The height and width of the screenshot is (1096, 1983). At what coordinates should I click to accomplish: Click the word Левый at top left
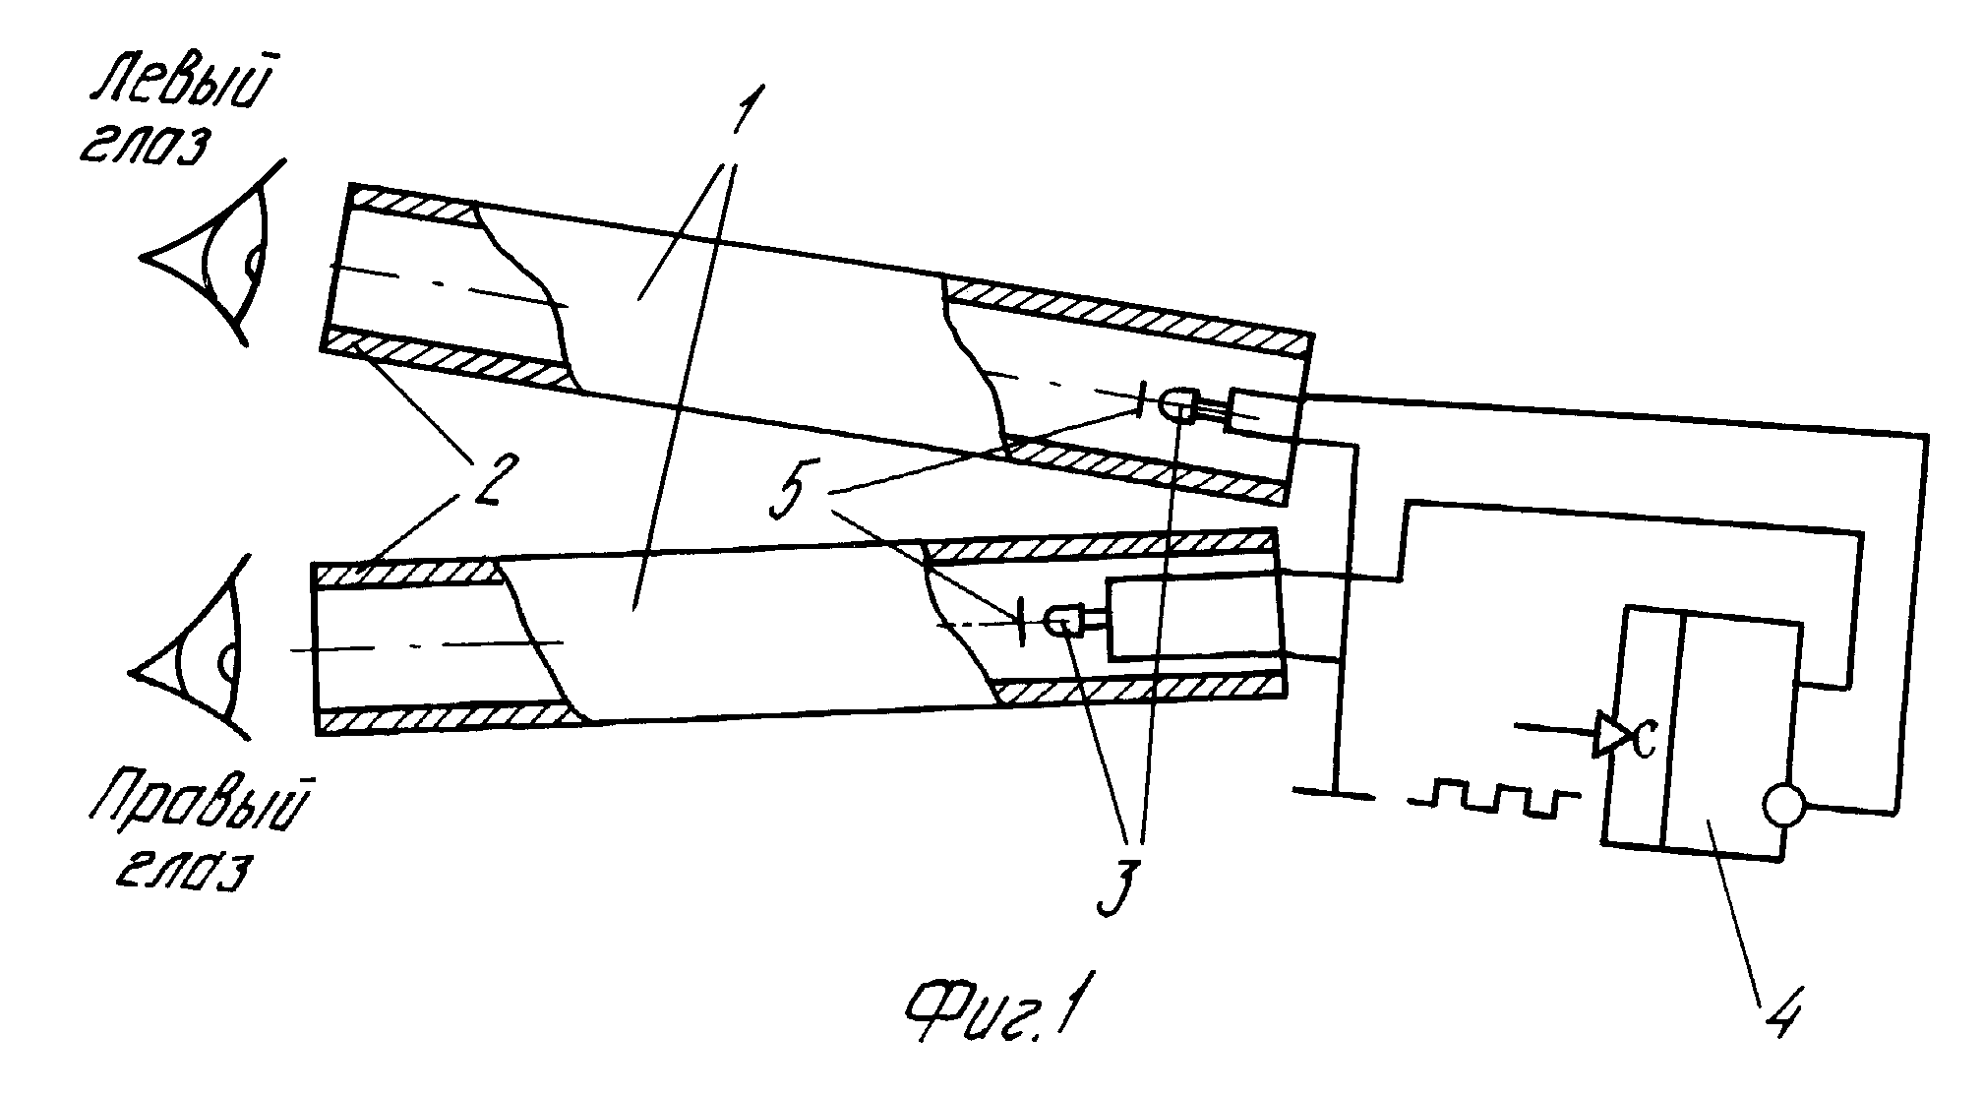[183, 86]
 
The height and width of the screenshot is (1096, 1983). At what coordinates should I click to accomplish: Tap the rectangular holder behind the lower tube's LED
[1196, 617]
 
